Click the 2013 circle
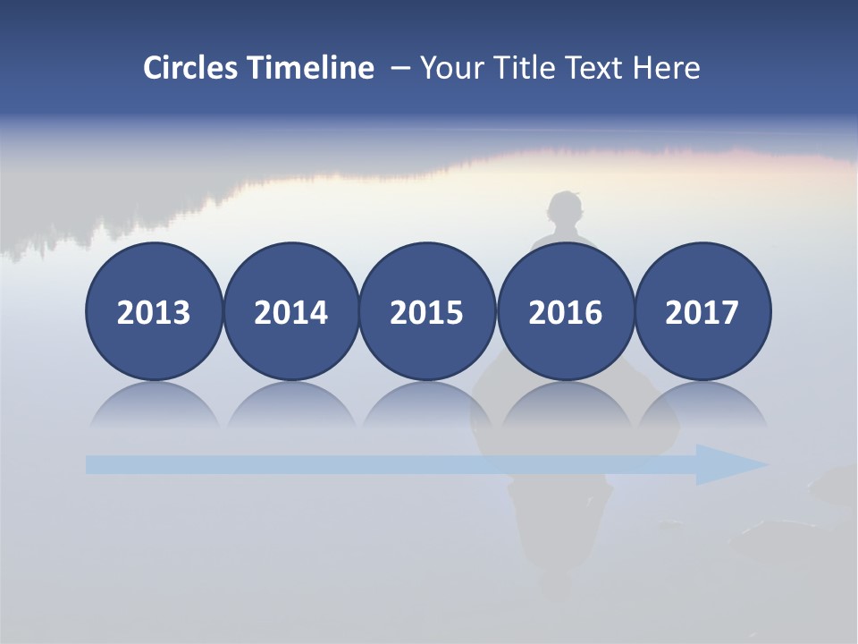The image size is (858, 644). pos(154,312)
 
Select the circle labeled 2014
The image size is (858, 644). pos(290,312)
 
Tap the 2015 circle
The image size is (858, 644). pos(427,312)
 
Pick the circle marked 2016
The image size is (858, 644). pos(565,312)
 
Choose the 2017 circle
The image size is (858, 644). pos(702,312)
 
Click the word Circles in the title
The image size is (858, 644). pos(192,68)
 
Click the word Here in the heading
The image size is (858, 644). pos(666,68)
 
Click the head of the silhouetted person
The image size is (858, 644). pos(565,211)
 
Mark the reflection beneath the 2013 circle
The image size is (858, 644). pos(154,407)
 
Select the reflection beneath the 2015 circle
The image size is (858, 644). pos(427,407)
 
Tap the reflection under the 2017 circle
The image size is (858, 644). pos(702,407)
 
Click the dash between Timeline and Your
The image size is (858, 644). pos(398,69)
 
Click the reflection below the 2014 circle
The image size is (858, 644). pos(290,407)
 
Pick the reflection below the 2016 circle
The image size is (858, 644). pos(565,407)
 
